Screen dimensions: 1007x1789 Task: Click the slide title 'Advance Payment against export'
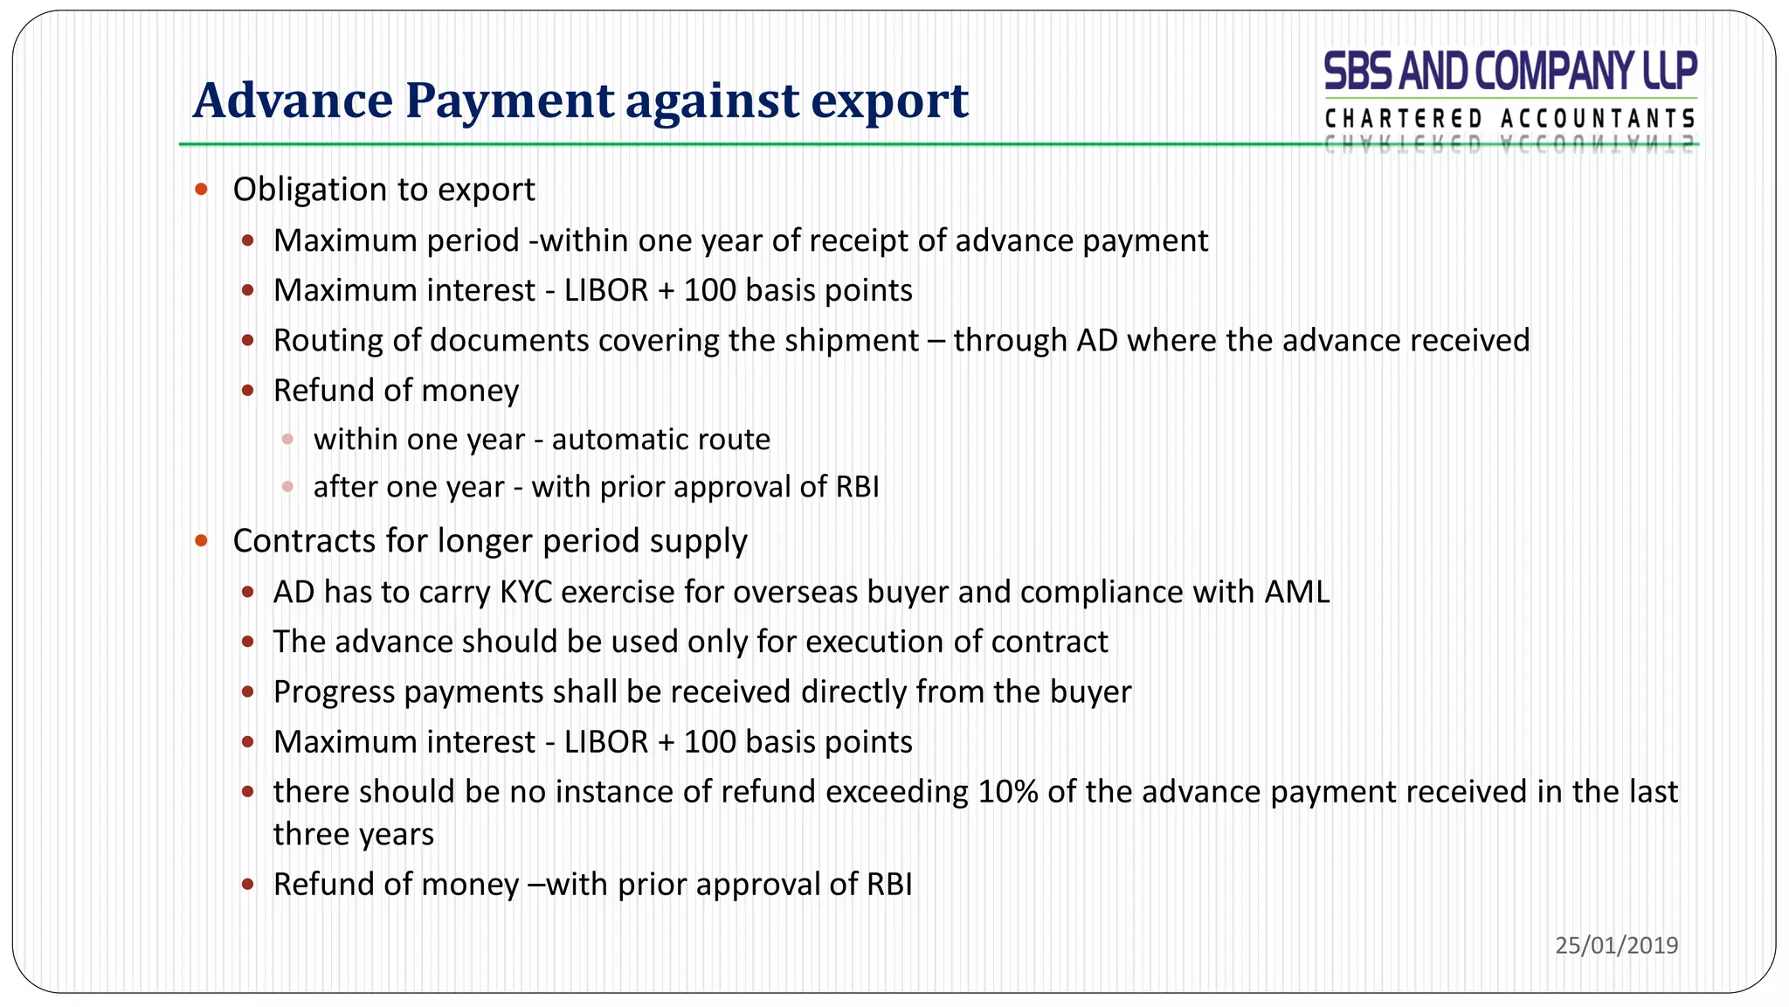pos(580,101)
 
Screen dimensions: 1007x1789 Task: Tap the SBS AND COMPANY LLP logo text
pos(1510,71)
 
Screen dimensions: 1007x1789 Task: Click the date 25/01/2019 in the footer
pos(1616,945)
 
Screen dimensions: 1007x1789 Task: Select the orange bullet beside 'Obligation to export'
pos(202,189)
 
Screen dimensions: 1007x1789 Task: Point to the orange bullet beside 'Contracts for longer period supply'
pos(202,540)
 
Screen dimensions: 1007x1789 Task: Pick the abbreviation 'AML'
pos(1296,592)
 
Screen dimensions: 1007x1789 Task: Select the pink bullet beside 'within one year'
pos(287,439)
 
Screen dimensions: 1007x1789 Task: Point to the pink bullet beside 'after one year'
pos(287,487)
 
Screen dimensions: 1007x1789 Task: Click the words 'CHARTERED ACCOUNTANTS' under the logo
pos(1510,119)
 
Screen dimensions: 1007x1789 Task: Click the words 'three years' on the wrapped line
pos(353,834)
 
